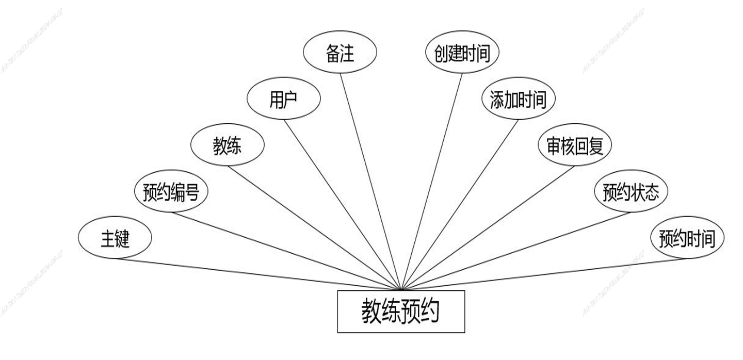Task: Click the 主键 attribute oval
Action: coord(115,238)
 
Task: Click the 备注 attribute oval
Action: coord(340,53)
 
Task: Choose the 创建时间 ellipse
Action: coord(462,53)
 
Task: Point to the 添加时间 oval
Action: coord(518,100)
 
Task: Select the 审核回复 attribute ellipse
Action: coord(574,146)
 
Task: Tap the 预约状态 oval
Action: coord(631,192)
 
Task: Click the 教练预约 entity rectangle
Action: coord(401,312)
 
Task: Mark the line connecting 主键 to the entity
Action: coord(257,274)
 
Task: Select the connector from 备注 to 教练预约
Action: coord(370,182)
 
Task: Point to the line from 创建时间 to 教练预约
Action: coord(432,182)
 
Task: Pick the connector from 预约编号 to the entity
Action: coord(286,251)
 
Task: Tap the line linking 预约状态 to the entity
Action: coord(516,251)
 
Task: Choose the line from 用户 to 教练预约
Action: coord(342,205)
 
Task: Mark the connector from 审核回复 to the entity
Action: coord(488,228)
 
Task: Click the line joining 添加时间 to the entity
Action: coord(460,205)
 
